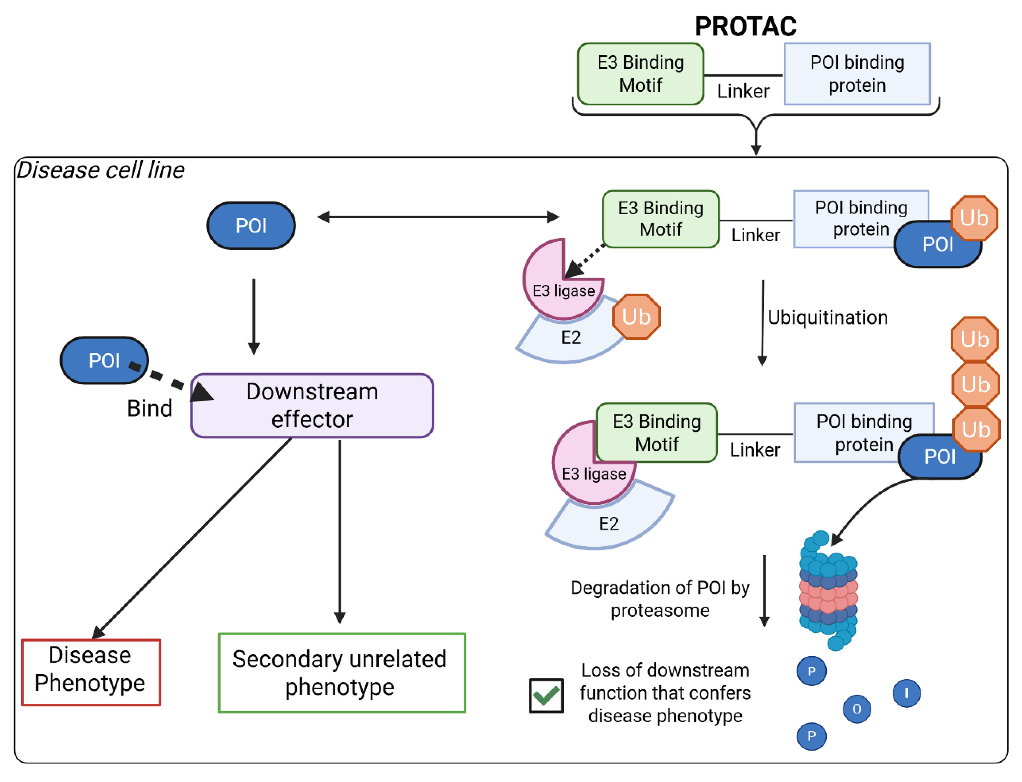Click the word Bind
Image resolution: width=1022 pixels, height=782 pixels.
pyautogui.click(x=149, y=408)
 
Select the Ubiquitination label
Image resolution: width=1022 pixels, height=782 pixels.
pyautogui.click(x=827, y=318)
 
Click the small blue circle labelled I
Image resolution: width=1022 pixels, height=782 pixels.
pyautogui.click(x=906, y=693)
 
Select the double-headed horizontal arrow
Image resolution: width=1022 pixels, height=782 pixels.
pyautogui.click(x=438, y=217)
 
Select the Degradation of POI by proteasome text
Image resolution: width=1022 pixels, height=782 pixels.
pyautogui.click(x=660, y=599)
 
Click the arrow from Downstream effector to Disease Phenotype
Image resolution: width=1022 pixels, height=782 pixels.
pyautogui.click(x=193, y=538)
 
